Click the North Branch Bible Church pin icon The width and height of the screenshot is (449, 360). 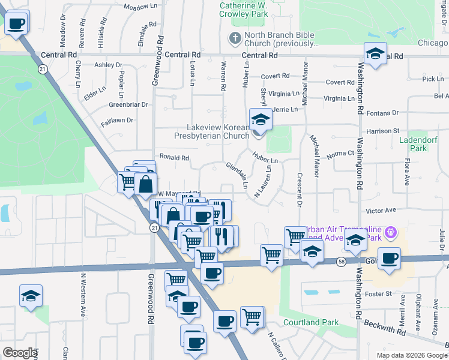(x=235, y=39)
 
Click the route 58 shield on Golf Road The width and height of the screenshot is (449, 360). (x=341, y=262)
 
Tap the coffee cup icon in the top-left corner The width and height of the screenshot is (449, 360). (x=16, y=24)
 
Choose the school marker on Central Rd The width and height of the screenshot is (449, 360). (x=375, y=54)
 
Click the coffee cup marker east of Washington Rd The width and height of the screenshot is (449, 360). (x=390, y=258)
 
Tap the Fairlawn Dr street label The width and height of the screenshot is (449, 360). (x=117, y=121)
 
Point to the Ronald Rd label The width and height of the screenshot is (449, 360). (x=174, y=158)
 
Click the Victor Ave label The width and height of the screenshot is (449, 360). (x=381, y=211)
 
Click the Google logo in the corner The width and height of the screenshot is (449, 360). (x=19, y=353)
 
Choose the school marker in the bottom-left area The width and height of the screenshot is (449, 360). (x=31, y=296)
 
